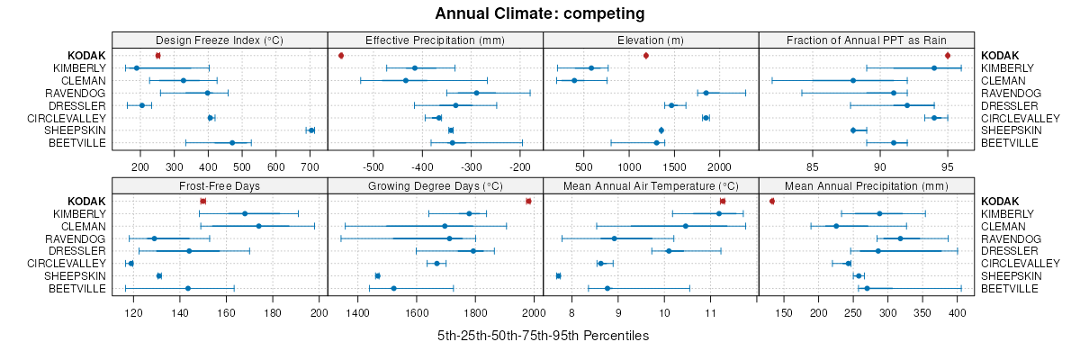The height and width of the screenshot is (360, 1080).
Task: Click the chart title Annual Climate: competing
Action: point(540,13)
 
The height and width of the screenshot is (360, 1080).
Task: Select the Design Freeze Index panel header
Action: point(220,40)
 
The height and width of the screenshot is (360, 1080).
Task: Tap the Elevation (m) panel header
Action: point(651,40)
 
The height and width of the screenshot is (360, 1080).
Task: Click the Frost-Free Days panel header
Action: point(220,185)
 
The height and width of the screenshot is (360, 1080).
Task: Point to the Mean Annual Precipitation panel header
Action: point(867,185)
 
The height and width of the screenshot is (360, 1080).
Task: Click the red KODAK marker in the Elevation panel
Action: point(645,56)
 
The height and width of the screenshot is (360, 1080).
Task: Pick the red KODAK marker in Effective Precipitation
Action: point(341,56)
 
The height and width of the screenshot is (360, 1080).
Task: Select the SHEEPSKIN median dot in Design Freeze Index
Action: point(311,130)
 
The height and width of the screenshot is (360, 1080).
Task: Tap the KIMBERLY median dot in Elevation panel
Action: point(591,68)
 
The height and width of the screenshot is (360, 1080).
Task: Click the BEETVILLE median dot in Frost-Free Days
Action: point(187,288)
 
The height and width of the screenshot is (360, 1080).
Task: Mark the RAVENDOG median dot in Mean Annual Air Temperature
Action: point(615,238)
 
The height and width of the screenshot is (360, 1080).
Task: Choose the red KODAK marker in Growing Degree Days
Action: point(528,201)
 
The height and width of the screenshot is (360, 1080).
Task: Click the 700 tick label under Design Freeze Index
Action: point(310,166)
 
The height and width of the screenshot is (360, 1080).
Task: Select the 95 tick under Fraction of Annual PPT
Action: point(948,166)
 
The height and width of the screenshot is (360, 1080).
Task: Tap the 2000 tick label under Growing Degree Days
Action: point(534,312)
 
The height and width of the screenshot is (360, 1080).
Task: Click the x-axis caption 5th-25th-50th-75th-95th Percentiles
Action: point(543,336)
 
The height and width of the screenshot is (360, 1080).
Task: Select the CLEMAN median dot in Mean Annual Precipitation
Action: point(836,226)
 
